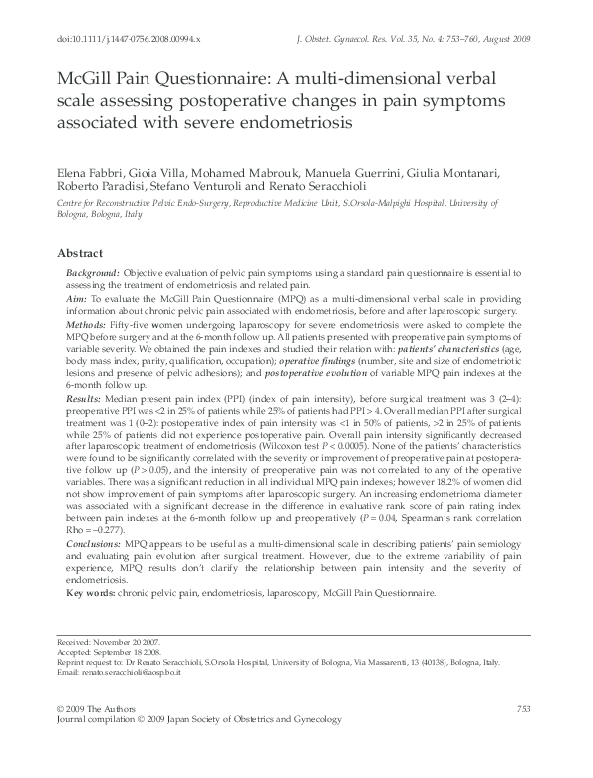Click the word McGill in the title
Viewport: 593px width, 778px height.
[x=92, y=81]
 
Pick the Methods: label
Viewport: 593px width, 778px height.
[x=89, y=325]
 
